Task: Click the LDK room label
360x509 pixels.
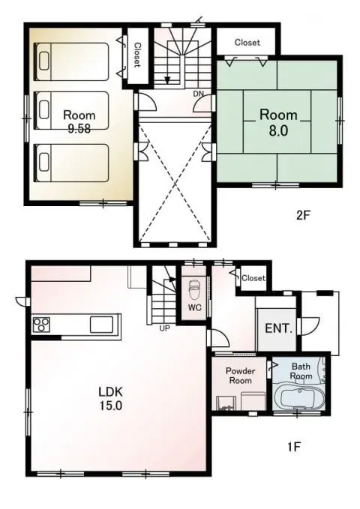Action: coord(110,392)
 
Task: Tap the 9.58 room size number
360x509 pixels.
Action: coord(79,129)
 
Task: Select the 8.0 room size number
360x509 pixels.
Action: coord(278,130)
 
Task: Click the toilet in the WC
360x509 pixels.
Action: coord(194,288)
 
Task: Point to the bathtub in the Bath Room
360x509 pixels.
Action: coord(297,398)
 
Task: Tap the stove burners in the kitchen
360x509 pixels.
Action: coord(41,324)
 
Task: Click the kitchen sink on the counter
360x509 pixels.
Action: coord(101,324)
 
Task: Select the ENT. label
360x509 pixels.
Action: coord(279,328)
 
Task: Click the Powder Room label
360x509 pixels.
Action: coord(241,376)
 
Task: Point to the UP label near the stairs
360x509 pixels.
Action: coord(165,328)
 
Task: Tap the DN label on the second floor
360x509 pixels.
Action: coord(199,94)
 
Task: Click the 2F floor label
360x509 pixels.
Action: coord(304,215)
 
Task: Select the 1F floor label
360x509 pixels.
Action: coord(294,447)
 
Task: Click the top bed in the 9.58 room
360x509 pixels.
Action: coord(71,61)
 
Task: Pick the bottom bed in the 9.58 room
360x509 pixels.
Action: coord(71,163)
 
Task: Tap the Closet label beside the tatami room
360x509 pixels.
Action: coord(247,42)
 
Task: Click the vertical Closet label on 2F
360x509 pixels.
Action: coord(137,55)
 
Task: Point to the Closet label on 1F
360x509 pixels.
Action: coord(253,278)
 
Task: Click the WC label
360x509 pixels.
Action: coord(194,307)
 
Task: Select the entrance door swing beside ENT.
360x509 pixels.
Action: coord(309,327)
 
